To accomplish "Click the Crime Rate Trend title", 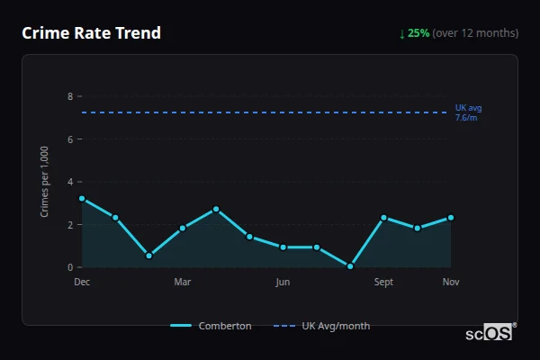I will point(91,33).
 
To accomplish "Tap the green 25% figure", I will point(418,33).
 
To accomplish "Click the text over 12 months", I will point(475,33).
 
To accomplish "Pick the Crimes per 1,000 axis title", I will point(45,182).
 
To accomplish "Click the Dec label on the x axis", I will point(82,283).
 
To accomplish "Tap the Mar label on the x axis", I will point(183,283).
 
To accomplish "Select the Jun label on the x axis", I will point(283,283).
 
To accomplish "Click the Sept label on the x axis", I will point(383,283).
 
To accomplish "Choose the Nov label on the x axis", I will point(451,283).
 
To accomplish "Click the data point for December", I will point(82,198).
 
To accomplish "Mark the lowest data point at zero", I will point(350,266).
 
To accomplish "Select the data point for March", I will point(183,228).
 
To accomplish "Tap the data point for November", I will point(451,217).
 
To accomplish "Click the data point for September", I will point(383,217).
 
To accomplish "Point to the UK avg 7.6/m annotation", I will point(468,112).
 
